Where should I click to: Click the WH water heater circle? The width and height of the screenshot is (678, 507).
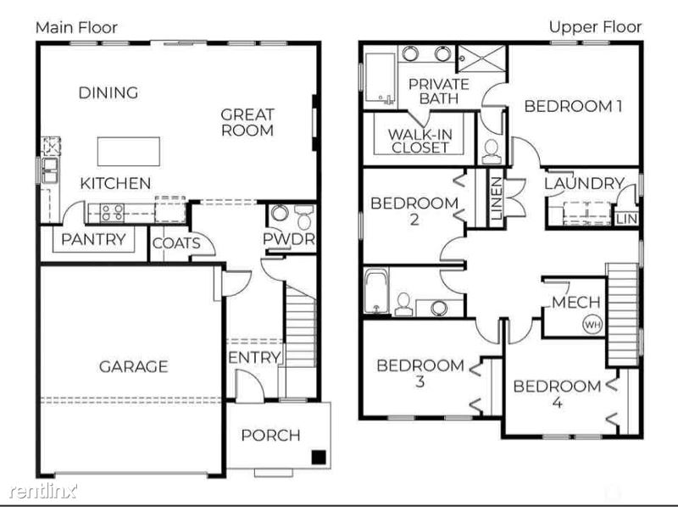click(x=592, y=324)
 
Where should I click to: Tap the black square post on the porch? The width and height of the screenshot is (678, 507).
click(x=319, y=457)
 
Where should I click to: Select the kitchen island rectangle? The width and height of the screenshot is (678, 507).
click(x=129, y=152)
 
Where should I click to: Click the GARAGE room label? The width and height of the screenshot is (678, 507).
click(x=133, y=367)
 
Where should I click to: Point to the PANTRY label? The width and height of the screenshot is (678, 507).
click(x=93, y=239)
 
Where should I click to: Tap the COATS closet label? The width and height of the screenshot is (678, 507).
click(x=176, y=243)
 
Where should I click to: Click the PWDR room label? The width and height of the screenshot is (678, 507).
click(x=289, y=239)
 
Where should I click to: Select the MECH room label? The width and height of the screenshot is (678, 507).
click(x=576, y=302)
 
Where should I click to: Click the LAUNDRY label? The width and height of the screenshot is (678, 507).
click(x=584, y=183)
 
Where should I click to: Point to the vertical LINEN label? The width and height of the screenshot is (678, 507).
click(x=497, y=198)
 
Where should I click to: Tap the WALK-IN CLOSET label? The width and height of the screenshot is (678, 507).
click(x=420, y=141)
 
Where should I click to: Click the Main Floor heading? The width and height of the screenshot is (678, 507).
click(x=76, y=28)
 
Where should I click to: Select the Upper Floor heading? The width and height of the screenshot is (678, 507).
click(x=595, y=27)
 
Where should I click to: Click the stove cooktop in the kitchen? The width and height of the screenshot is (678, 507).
click(x=112, y=213)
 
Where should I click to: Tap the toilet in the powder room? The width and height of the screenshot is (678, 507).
click(x=303, y=218)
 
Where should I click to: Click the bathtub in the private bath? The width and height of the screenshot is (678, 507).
click(x=380, y=78)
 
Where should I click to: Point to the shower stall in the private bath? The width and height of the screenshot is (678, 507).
click(x=481, y=58)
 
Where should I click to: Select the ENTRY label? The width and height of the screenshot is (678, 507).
click(x=254, y=358)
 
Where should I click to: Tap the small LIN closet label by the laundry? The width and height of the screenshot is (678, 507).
click(x=626, y=219)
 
